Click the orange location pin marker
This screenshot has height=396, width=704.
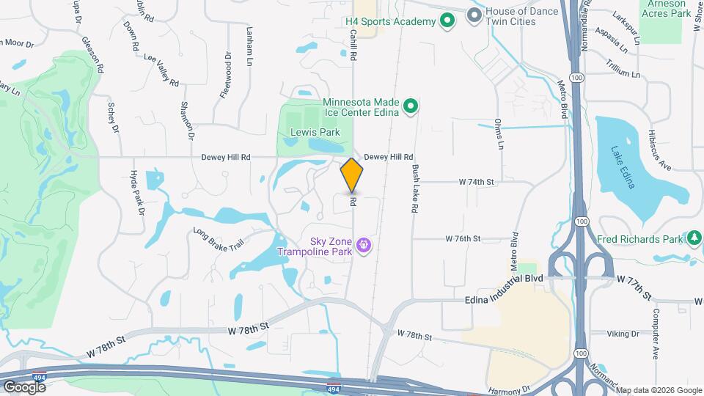352,175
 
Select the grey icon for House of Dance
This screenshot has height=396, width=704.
474,15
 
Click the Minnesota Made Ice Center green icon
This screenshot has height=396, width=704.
411,107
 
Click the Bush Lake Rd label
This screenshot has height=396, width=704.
414,189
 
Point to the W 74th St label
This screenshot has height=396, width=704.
478,181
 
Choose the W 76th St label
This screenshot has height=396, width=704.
463,238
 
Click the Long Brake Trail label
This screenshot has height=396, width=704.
218,238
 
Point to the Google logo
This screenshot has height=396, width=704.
24,386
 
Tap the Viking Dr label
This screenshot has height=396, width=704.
623,334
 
